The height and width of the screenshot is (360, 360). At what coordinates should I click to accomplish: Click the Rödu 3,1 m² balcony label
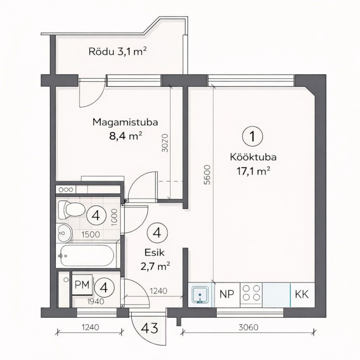click(117, 51)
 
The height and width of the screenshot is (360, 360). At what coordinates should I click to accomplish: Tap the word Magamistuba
click(125, 122)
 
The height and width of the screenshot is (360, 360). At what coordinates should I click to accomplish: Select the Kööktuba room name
click(253, 157)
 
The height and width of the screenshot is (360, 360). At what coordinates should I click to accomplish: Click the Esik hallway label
click(154, 253)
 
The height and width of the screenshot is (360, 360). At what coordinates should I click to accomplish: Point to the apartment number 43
click(149, 328)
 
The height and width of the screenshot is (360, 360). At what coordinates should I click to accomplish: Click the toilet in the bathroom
click(72, 210)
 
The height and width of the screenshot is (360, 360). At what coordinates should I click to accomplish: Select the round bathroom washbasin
click(65, 233)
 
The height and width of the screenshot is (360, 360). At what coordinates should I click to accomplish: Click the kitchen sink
click(200, 295)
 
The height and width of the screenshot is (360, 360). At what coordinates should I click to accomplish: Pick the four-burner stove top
click(251, 294)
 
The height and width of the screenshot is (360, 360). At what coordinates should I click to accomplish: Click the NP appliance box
click(227, 294)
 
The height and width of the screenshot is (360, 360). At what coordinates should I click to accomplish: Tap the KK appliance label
click(301, 294)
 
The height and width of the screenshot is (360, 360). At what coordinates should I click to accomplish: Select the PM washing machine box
click(82, 285)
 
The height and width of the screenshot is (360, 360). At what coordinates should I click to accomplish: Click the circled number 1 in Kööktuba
click(252, 137)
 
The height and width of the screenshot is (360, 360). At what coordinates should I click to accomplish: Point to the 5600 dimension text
click(207, 175)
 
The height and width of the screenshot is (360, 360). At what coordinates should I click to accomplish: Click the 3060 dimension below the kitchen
click(248, 327)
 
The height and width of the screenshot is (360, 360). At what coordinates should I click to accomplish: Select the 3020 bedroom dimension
click(165, 143)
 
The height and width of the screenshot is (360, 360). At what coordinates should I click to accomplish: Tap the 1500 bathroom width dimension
click(91, 234)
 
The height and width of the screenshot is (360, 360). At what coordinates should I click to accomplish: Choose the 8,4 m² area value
click(126, 136)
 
